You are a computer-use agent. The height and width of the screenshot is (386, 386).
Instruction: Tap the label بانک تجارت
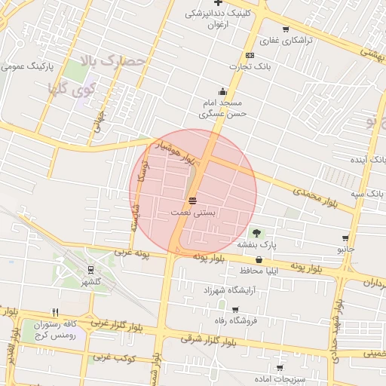[x=250, y=67]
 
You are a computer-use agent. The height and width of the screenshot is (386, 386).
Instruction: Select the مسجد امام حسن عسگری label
[x=220, y=109]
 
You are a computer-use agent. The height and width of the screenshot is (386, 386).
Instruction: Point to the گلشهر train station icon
[x=91, y=269]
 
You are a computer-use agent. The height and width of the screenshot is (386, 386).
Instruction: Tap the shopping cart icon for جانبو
[x=346, y=237]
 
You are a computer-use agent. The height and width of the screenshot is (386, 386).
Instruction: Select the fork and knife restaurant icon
[x=55, y=312]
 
